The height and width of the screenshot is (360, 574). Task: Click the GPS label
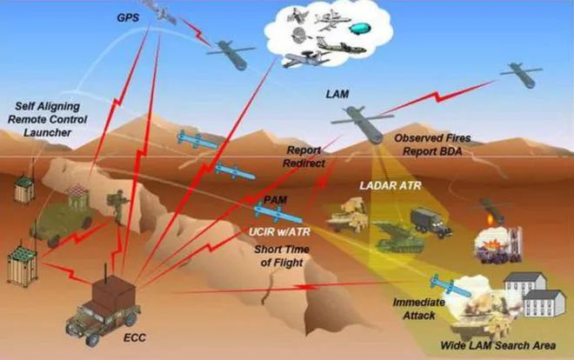point(128,17)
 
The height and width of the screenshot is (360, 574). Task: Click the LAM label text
point(337,94)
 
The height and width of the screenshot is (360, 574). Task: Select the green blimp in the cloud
point(360,28)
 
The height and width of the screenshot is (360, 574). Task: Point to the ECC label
point(134,337)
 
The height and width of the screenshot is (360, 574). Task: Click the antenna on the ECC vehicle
point(106,271)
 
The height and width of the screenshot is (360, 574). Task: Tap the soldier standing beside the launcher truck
point(118,207)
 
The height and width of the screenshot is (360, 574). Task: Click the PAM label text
point(276,200)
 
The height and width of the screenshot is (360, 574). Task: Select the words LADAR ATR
point(390,185)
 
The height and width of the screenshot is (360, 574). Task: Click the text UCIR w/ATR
point(279,231)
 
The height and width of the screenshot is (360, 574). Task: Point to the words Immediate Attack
point(418,309)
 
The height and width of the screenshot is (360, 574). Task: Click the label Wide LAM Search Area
point(497,345)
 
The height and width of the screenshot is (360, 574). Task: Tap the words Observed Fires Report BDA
point(432,144)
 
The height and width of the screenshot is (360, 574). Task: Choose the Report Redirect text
point(304,157)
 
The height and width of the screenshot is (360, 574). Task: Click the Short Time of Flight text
point(282,256)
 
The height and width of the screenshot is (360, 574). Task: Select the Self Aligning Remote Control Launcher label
point(48,119)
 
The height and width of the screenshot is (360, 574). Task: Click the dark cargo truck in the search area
point(430,223)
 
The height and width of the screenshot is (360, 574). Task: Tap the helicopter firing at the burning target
point(491,210)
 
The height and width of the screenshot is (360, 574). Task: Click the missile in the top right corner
point(522,74)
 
